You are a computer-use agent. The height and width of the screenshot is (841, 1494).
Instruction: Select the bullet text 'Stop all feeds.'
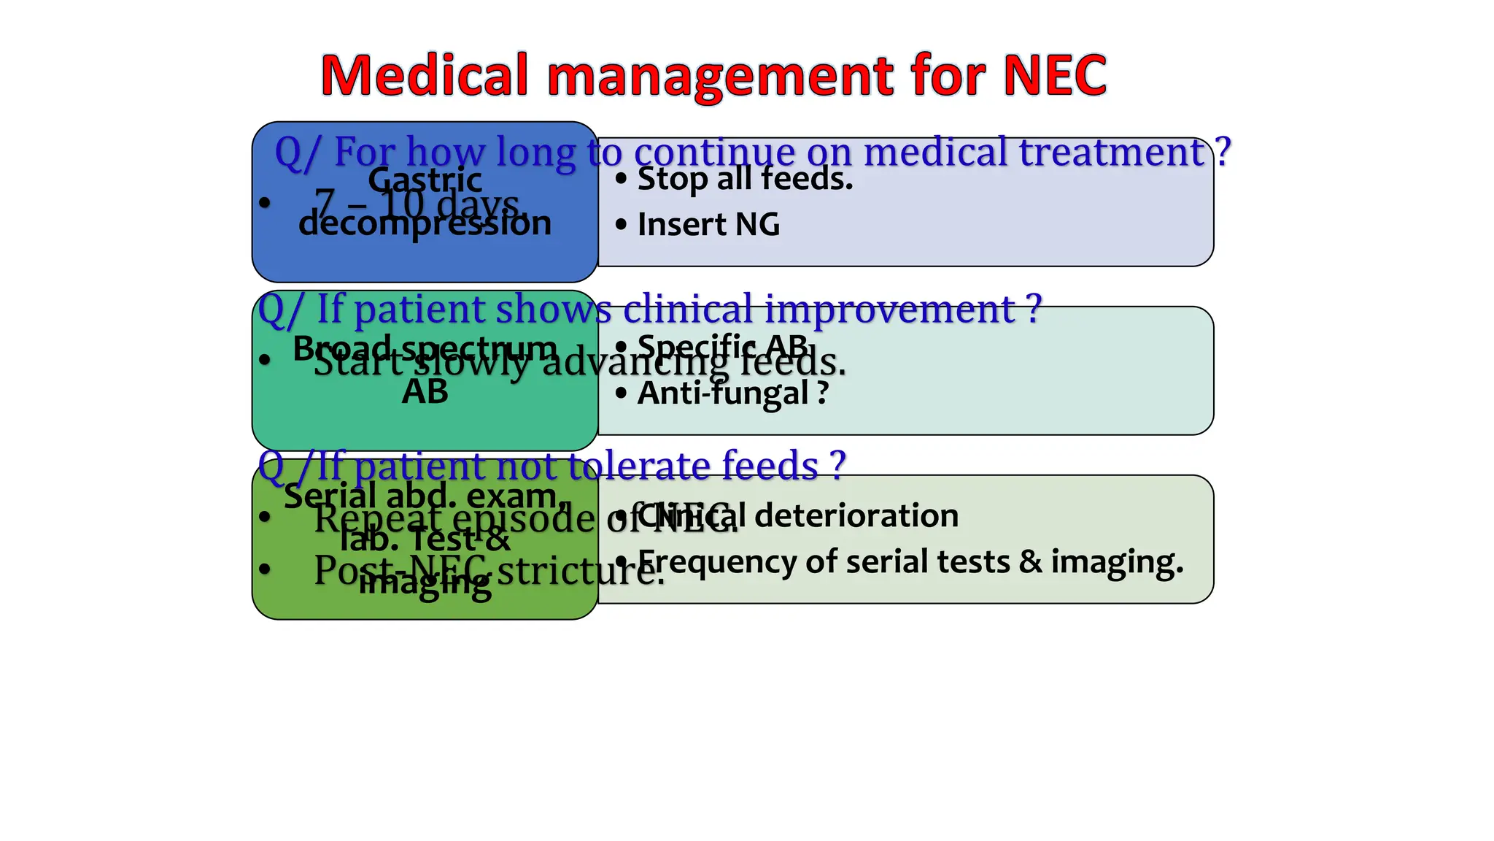coord(745,179)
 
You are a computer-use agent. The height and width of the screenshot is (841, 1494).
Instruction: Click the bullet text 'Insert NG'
coord(708,225)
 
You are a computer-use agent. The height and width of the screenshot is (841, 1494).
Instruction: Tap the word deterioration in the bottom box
coord(856,515)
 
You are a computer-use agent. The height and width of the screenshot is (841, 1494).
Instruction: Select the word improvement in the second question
coord(890,310)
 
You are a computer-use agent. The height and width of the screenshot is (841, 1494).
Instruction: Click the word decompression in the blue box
coord(425,223)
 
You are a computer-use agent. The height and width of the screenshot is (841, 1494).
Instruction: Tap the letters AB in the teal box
coord(425,393)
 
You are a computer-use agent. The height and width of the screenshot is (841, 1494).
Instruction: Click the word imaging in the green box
coord(425,583)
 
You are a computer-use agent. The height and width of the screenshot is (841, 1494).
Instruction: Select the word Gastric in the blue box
coord(425,180)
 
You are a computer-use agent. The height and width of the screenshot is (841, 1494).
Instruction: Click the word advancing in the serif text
coord(634,362)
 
